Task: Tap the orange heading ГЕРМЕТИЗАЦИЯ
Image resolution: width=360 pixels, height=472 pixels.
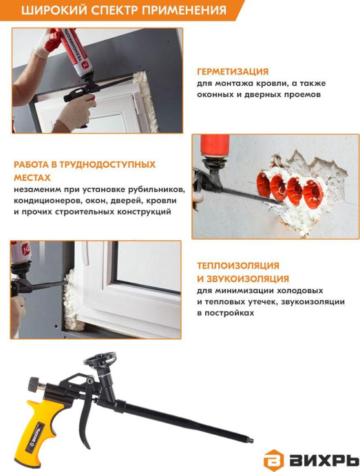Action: point(233,72)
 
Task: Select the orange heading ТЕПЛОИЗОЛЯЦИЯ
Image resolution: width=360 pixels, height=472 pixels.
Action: point(238,266)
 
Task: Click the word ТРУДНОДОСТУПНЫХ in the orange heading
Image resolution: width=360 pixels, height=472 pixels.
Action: point(107,164)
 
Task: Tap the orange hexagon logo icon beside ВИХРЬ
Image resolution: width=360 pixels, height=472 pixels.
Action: point(273,459)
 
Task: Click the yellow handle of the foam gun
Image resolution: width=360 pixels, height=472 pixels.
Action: point(40,427)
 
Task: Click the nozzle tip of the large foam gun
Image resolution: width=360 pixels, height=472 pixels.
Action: point(251,441)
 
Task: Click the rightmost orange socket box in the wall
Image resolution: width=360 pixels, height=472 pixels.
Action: point(314,193)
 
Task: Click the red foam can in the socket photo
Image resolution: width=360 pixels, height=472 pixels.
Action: point(215,147)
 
